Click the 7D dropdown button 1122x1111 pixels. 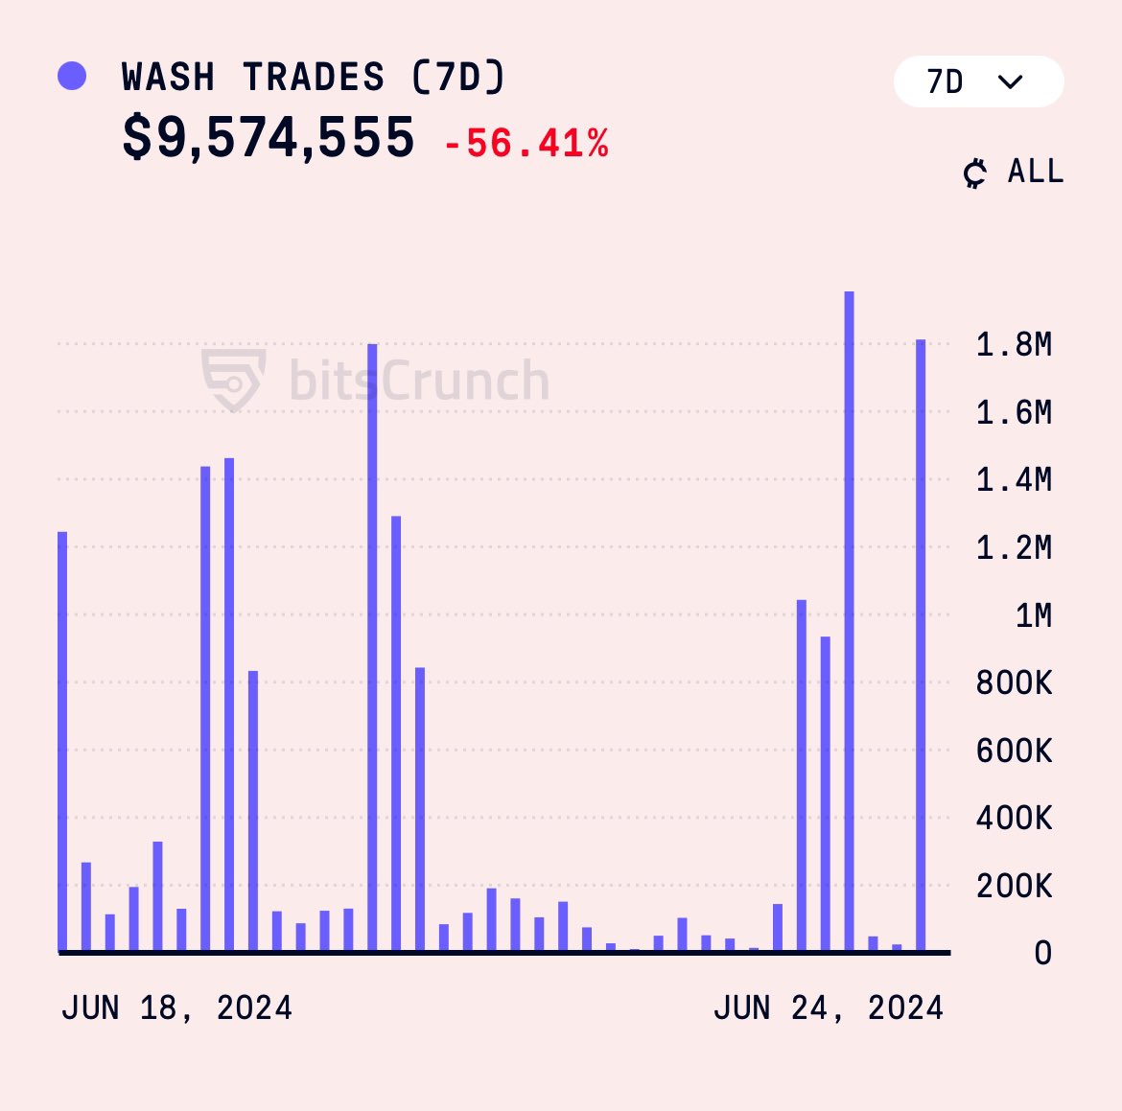tap(977, 81)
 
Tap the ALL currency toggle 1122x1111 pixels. tap(1015, 173)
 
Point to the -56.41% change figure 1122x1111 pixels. tap(526, 144)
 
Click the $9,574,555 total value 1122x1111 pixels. tap(269, 138)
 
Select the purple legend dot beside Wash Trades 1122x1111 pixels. tap(72, 76)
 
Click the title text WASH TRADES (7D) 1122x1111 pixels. tap(313, 77)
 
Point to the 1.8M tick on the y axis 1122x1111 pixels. tap(1014, 344)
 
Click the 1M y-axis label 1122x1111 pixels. tap(1033, 615)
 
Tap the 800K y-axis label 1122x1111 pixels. tap(1014, 683)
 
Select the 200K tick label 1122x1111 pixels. tap(1014, 887)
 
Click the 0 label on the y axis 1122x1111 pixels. tap(1042, 953)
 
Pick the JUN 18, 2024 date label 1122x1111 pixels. tap(176, 1008)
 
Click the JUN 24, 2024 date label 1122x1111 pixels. tap(829, 1008)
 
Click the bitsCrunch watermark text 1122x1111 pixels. tap(419, 381)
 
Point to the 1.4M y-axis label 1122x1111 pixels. tap(1014, 479)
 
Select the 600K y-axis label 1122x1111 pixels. tap(1014, 751)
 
